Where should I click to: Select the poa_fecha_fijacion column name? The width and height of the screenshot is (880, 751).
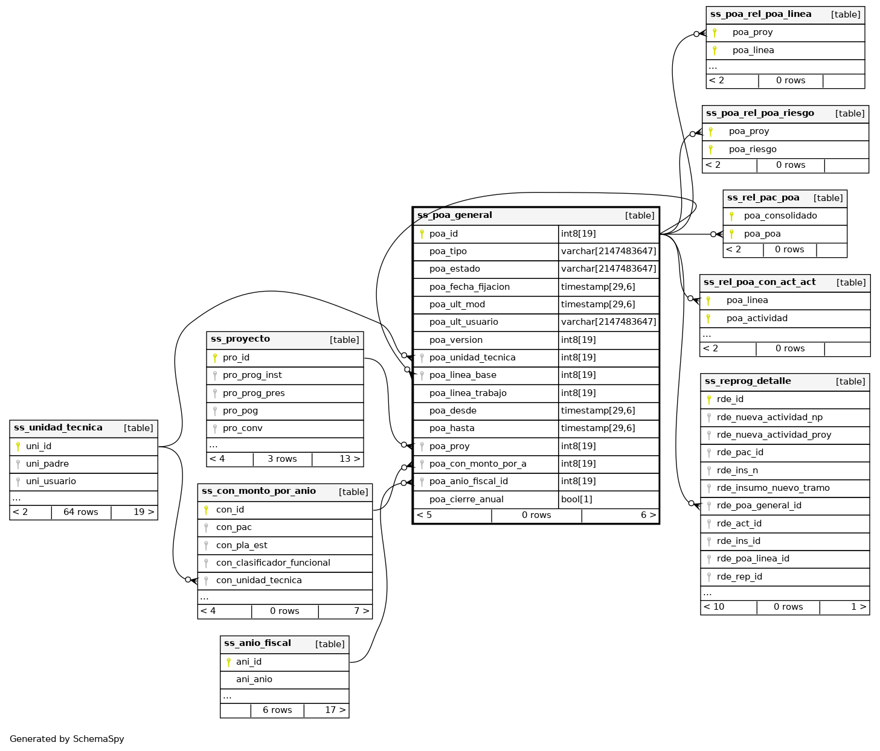click(x=469, y=287)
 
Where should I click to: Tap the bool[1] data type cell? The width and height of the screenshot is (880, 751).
click(x=576, y=499)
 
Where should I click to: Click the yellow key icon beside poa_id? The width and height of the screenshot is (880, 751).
click(x=422, y=234)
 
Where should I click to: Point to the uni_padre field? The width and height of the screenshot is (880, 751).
click(x=47, y=464)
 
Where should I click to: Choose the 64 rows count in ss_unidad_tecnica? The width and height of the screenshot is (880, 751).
click(x=80, y=512)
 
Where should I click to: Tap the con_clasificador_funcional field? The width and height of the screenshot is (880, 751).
click(x=273, y=563)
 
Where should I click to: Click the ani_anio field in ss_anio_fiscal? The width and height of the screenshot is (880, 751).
click(x=254, y=679)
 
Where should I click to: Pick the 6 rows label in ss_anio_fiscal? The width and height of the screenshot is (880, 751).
click(x=277, y=710)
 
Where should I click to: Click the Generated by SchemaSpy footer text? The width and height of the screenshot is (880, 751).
click(x=67, y=739)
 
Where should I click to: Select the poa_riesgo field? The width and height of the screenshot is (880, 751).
click(x=753, y=149)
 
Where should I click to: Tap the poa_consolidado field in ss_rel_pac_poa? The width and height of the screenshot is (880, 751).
click(x=780, y=216)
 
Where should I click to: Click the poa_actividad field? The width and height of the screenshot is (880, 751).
click(x=757, y=318)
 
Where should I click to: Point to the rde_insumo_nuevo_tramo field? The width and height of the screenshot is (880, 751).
click(x=773, y=488)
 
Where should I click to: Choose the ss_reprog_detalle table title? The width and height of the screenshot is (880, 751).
click(x=748, y=381)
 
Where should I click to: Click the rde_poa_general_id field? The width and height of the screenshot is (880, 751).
click(x=759, y=505)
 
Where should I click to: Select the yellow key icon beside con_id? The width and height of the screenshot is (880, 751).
click(x=206, y=510)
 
